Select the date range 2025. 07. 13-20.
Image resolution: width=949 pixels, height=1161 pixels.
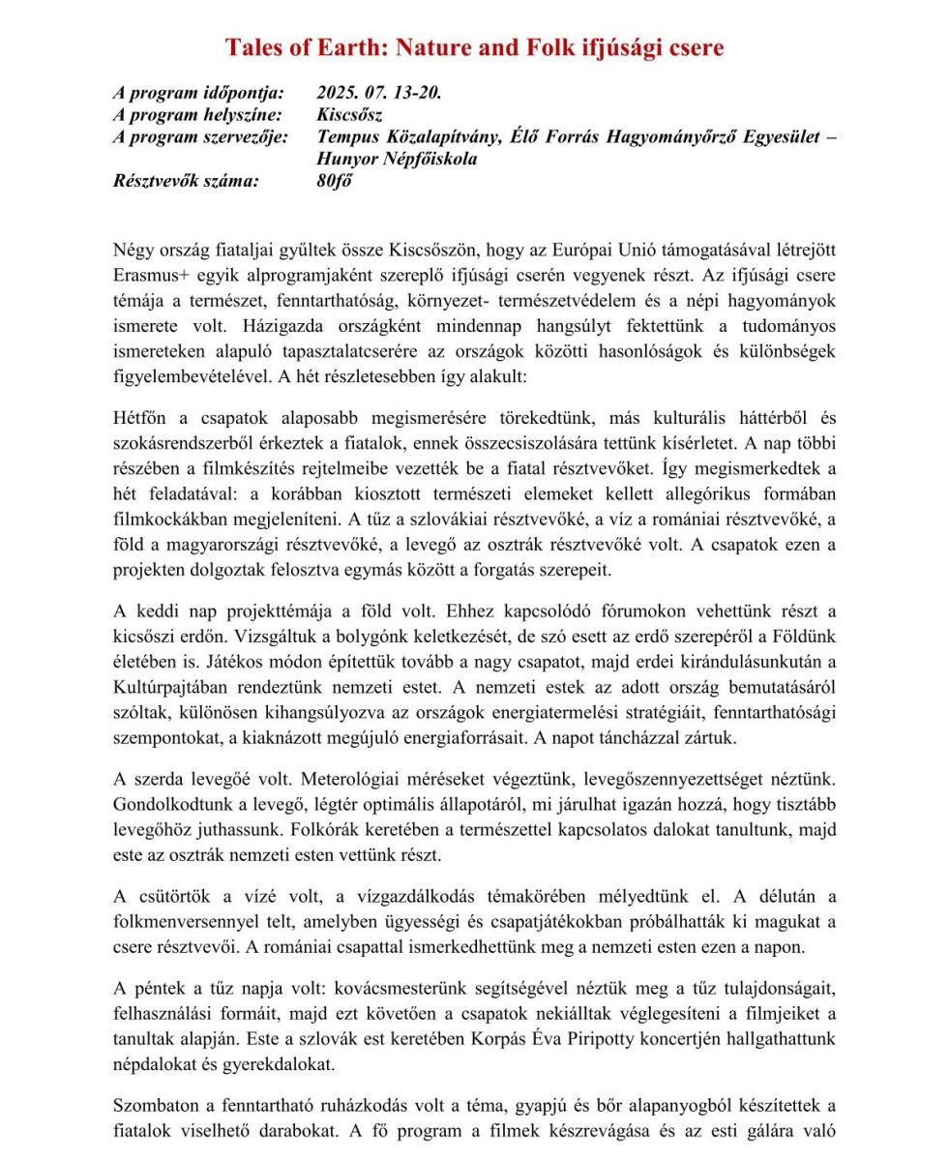378,93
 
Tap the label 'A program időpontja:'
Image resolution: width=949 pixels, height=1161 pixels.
198,93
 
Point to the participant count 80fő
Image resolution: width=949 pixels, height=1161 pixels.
334,180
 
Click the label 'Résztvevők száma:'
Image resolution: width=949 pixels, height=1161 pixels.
186,180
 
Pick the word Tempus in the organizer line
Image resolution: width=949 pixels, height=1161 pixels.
347,136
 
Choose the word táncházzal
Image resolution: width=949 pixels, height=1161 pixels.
675,738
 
